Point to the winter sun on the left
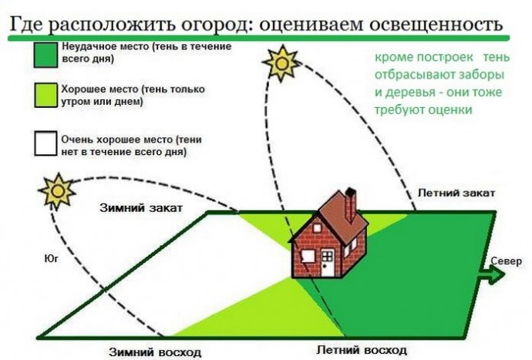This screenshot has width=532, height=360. tap(56, 190)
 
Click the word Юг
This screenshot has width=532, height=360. tap(52, 260)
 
